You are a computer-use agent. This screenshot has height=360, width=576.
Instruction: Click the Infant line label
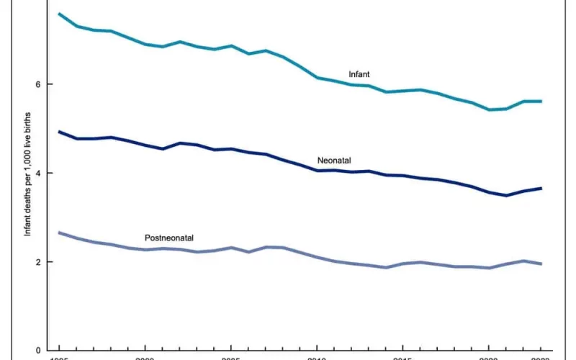coord(359,74)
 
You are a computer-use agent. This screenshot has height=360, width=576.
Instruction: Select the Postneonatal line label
coord(169,238)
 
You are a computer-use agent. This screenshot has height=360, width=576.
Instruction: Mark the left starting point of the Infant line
coord(59,14)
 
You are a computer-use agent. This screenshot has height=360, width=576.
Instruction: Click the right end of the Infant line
coord(541,102)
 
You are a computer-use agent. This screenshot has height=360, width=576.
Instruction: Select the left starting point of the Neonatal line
coord(59,132)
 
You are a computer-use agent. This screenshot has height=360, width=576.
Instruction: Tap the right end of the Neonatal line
coord(541,188)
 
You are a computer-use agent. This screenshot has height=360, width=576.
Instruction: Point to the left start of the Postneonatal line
coord(59,233)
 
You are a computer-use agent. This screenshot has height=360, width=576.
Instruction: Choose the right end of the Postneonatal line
coord(541,264)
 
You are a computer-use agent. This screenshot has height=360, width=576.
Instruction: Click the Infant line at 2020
coord(489,109)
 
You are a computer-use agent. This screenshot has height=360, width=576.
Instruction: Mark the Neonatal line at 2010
coord(317,171)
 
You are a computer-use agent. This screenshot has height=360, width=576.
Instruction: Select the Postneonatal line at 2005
coord(230,248)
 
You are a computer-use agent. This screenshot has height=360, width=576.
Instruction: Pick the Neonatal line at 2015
coord(402,176)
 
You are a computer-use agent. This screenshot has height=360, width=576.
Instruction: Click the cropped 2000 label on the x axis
coord(145,358)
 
